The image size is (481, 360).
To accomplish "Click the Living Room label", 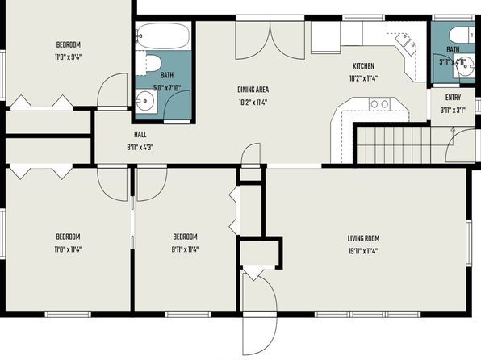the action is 363,238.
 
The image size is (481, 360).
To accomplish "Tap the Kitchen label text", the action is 363,66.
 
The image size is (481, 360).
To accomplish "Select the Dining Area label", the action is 253,90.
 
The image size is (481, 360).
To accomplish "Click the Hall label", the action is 140,135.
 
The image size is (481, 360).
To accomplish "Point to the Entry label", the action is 453,98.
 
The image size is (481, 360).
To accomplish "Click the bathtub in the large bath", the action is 162,36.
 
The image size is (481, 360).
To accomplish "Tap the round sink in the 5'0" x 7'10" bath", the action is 145,100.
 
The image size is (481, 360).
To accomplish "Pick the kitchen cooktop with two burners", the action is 379,104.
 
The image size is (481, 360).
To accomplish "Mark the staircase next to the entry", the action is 394,144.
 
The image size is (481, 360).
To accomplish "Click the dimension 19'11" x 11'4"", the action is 363,251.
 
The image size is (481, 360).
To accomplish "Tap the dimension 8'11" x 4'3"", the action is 140,148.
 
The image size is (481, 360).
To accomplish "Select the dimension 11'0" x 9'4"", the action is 68,57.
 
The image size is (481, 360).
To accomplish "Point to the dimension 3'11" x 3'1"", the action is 453,110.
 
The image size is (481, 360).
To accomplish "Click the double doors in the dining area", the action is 270,40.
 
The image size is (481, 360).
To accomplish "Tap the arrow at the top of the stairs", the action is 453,131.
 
